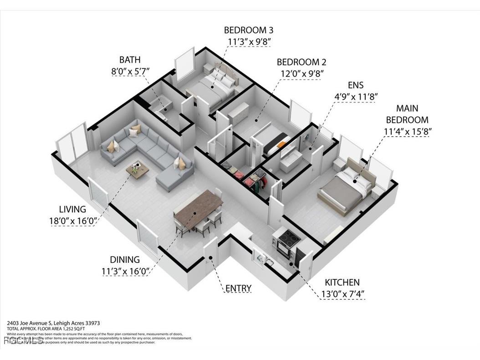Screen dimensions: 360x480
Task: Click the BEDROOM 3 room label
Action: point(248,30)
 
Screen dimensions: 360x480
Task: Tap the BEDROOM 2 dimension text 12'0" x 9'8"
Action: point(301,73)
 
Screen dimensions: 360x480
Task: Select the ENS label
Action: point(356,85)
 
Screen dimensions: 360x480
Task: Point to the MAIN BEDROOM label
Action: point(407,114)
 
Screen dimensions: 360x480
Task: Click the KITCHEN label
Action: point(342,283)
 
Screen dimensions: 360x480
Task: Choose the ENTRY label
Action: point(238,288)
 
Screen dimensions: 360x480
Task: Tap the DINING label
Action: point(125,260)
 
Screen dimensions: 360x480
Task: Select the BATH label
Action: point(130,60)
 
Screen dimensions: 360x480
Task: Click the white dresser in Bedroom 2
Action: point(238,112)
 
